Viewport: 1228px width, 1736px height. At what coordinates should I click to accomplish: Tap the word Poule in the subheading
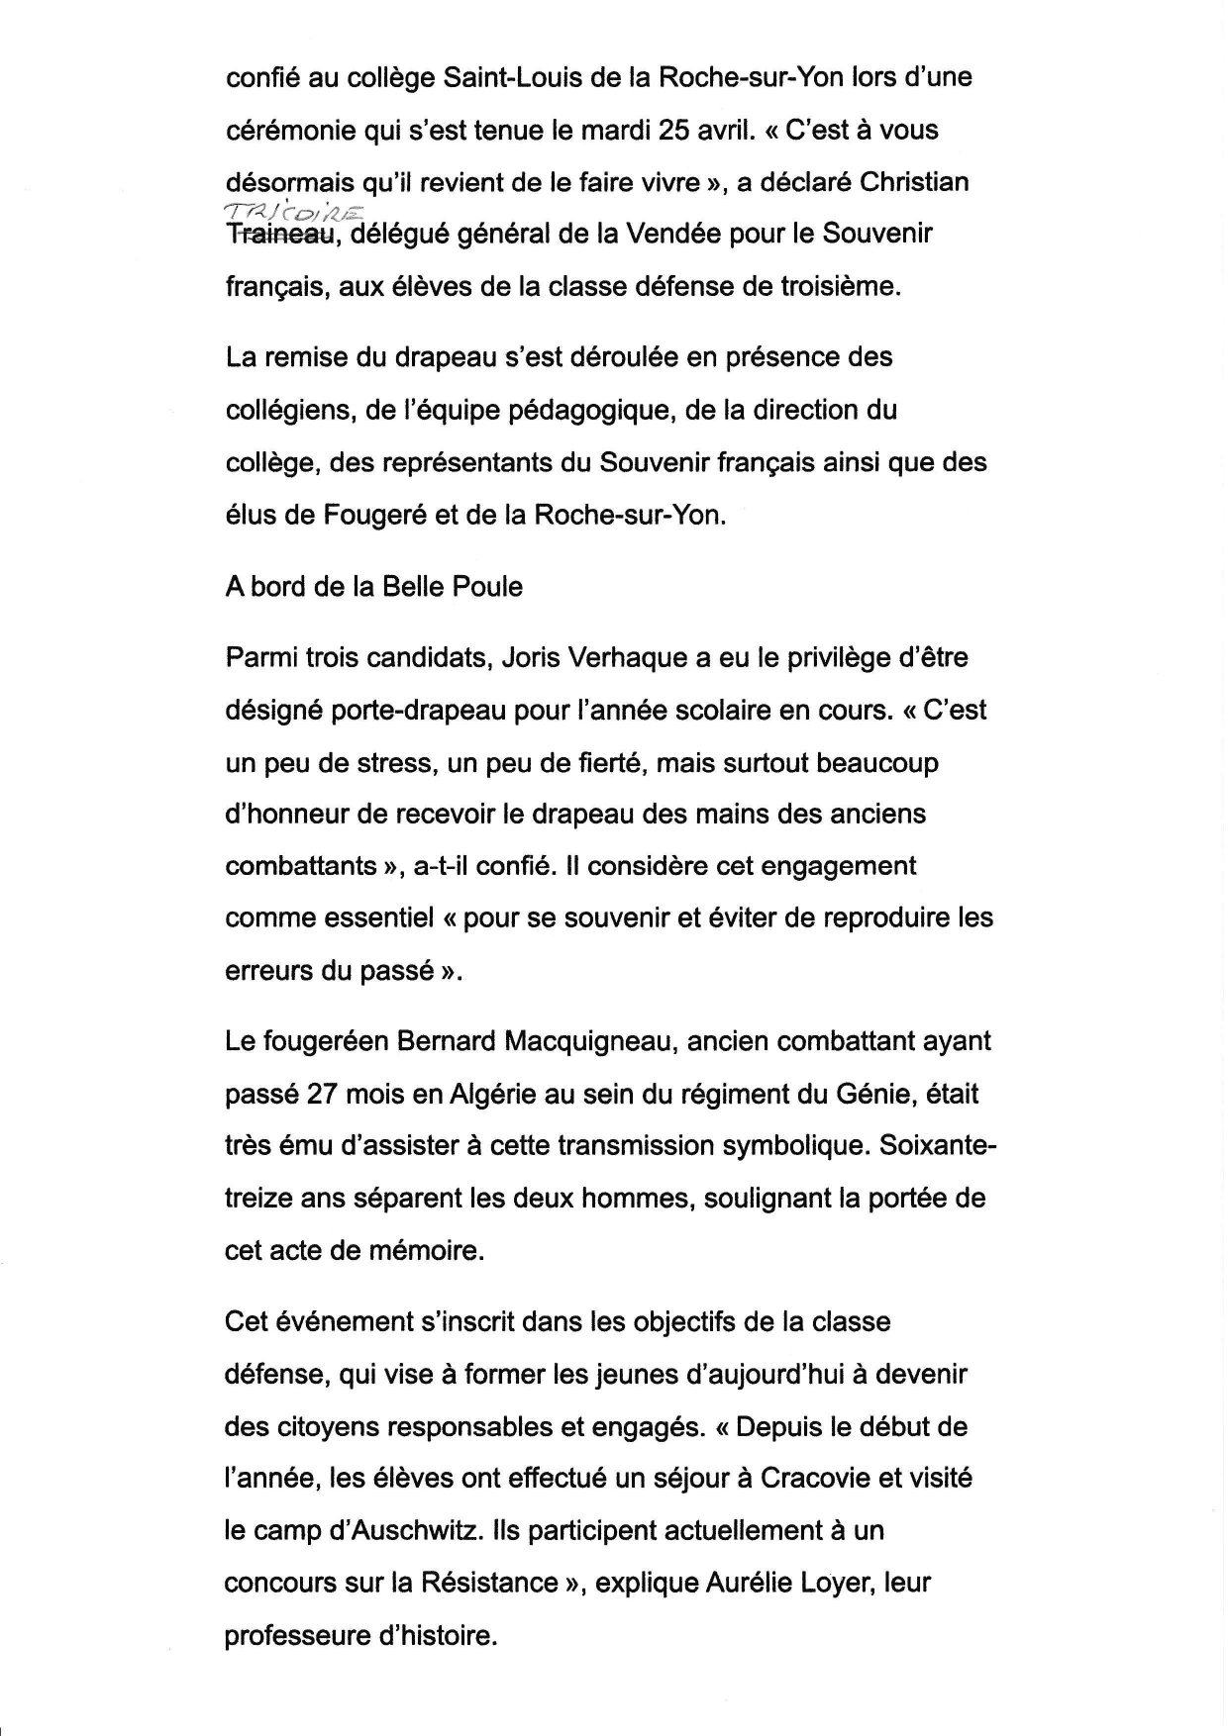[x=487, y=587]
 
